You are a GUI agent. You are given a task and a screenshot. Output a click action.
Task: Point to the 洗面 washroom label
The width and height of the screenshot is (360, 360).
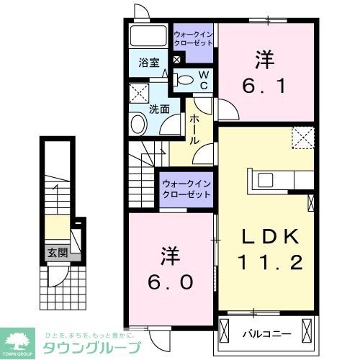point(158,109)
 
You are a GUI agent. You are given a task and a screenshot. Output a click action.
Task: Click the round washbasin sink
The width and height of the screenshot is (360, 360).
point(138,125)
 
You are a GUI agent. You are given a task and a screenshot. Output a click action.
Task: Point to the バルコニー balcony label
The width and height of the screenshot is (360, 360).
point(266,333)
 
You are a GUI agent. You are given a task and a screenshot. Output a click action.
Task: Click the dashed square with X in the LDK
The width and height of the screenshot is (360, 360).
point(303,136)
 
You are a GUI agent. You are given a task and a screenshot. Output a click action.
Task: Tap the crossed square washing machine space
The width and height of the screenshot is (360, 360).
point(139,94)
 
